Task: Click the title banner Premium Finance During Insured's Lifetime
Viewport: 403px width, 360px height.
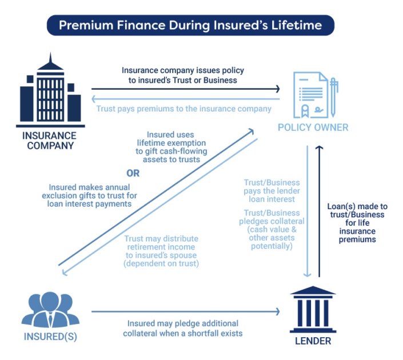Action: (x=190, y=26)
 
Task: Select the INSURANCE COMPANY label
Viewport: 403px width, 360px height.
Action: (x=49, y=141)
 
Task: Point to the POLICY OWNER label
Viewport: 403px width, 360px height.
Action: (x=312, y=127)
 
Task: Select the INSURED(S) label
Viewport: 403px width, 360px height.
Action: (x=50, y=337)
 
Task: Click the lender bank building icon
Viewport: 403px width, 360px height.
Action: (x=312, y=310)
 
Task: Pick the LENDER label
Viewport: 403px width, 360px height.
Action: (x=313, y=342)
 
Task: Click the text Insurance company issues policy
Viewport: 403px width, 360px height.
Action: (x=183, y=70)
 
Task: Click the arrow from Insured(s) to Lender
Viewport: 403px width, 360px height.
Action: (x=186, y=311)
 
